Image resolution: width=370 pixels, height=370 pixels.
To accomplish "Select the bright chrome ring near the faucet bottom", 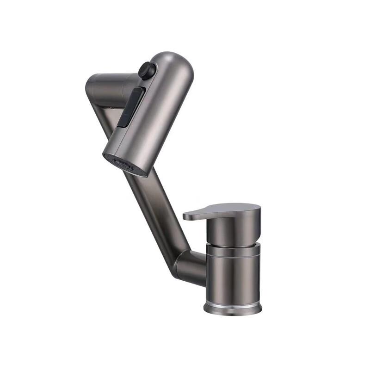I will pos(233,306).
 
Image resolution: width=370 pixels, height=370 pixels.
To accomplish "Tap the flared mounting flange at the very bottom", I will pos(233,311).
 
